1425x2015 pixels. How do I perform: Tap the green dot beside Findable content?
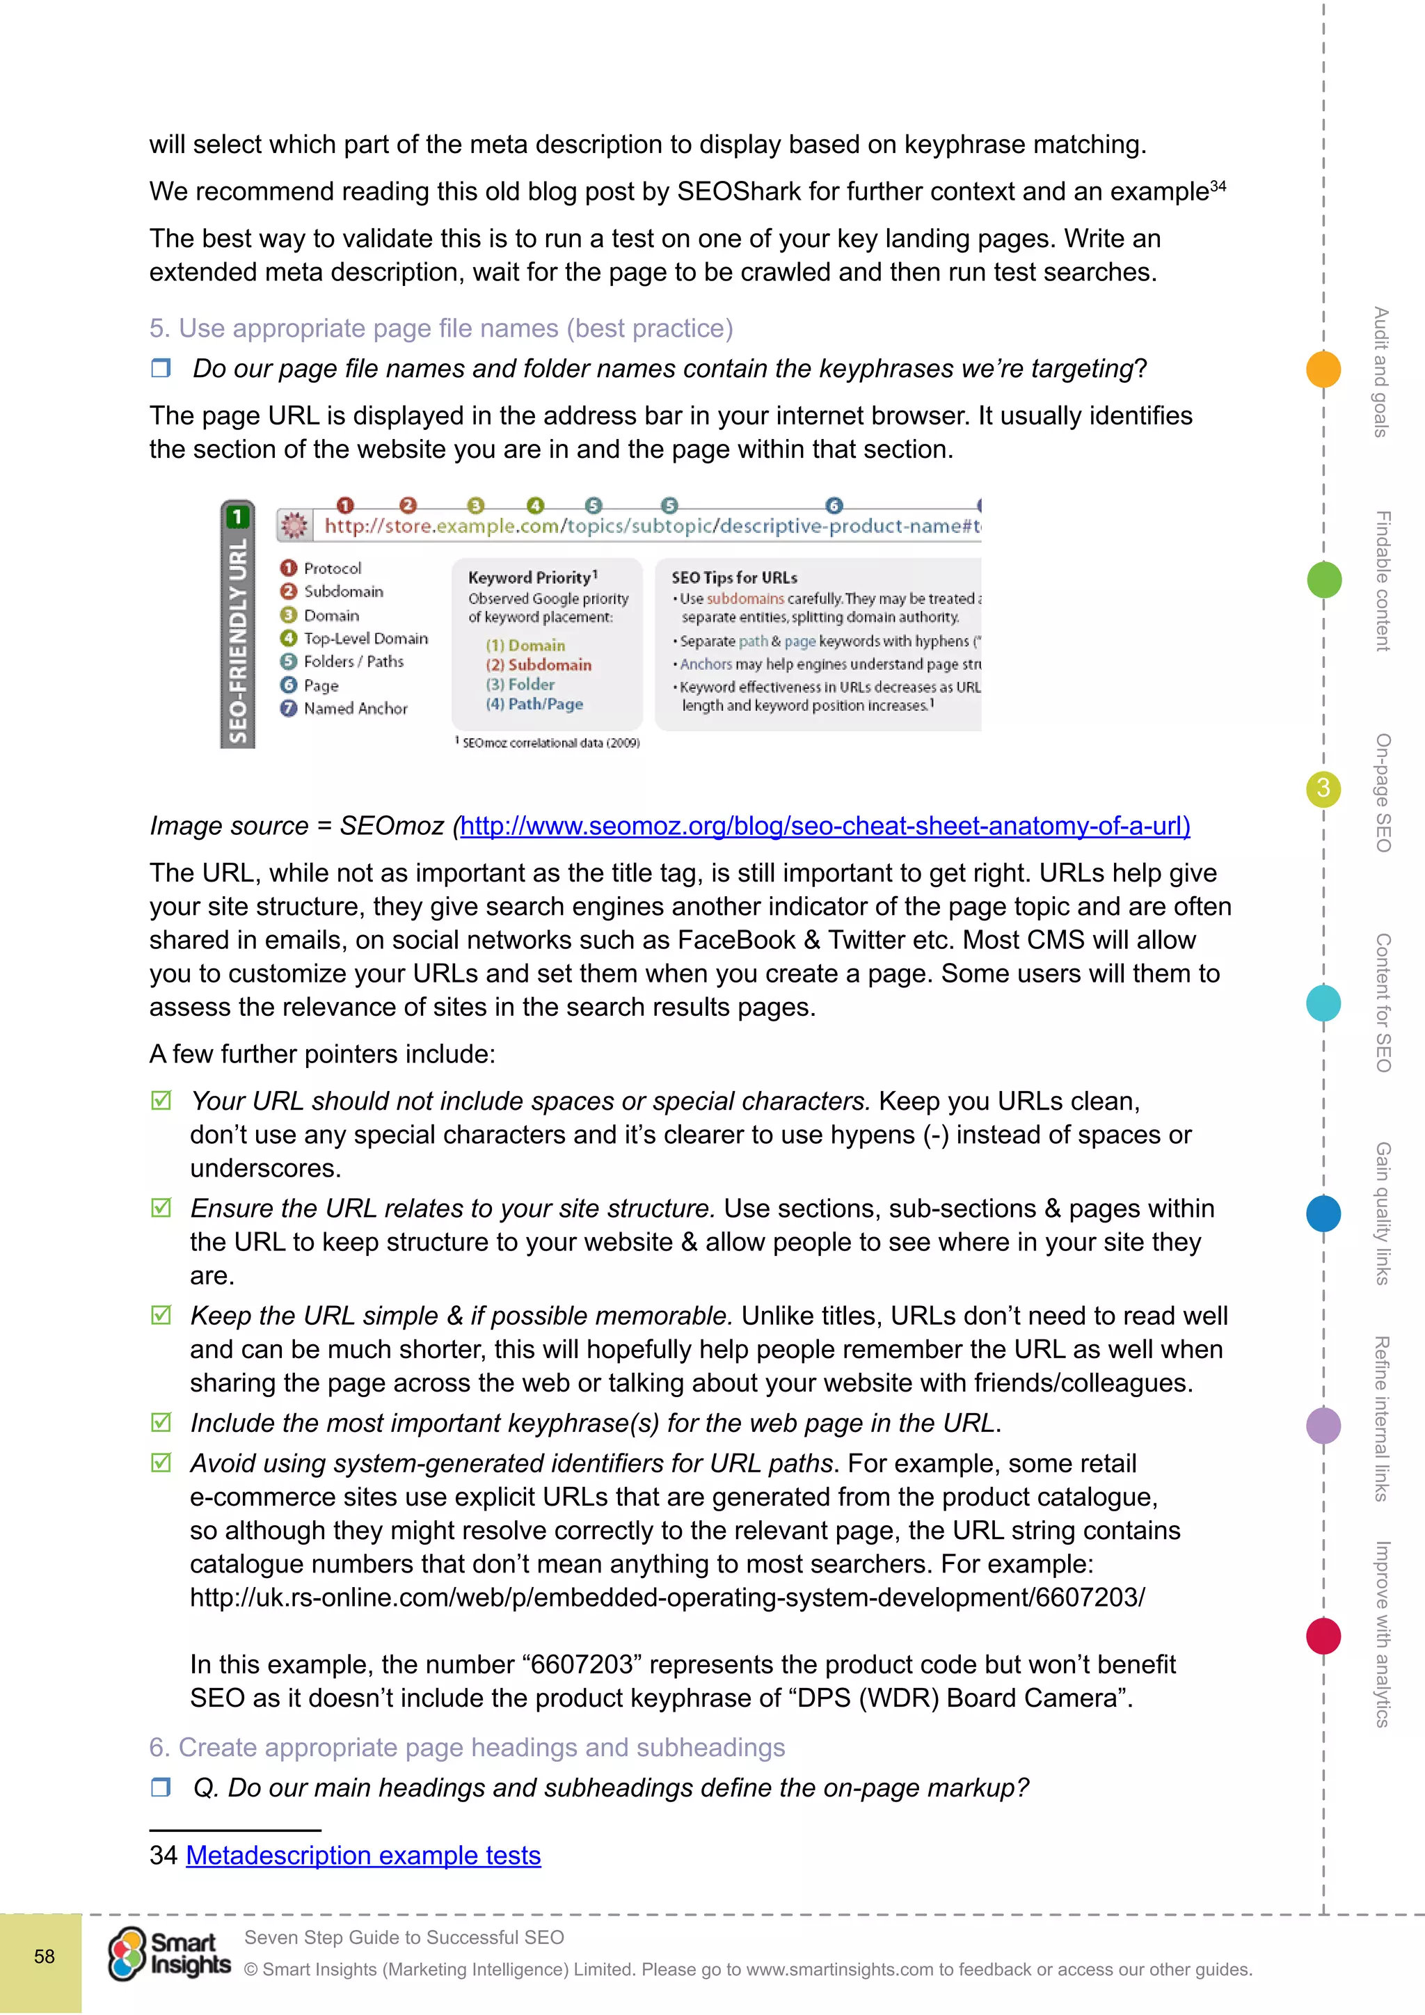pyautogui.click(x=1323, y=579)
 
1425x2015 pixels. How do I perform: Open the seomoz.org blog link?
pyautogui.click(x=825, y=826)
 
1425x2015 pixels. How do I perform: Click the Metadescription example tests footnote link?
pyautogui.click(x=363, y=1855)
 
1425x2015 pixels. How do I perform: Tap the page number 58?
pyautogui.click(x=44, y=1956)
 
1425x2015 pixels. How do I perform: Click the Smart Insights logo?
pyautogui.click(x=169, y=1954)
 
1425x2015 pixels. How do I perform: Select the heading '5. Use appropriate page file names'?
pyautogui.click(x=440, y=328)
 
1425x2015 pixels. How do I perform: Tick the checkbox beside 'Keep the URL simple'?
pyautogui.click(x=161, y=1314)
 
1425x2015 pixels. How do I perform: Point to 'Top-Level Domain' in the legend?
pyautogui.click(x=365, y=638)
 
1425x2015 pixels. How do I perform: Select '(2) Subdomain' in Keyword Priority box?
pyautogui.click(x=539, y=664)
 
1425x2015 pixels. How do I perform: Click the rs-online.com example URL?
pyautogui.click(x=667, y=1598)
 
